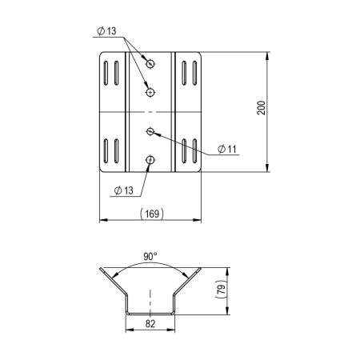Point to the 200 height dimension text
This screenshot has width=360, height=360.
pyautogui.click(x=262, y=108)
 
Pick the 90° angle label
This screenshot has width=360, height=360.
pyautogui.click(x=150, y=258)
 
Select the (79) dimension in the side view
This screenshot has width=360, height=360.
pyautogui.click(x=222, y=290)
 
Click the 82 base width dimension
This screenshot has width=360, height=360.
pyautogui.click(x=150, y=325)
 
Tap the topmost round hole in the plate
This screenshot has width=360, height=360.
pyautogui.click(x=150, y=62)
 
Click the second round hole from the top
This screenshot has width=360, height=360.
pyautogui.click(x=150, y=93)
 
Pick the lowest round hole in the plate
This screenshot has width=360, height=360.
pyautogui.click(x=150, y=161)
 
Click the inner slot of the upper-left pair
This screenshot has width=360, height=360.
pyautogui.click(x=117, y=75)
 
